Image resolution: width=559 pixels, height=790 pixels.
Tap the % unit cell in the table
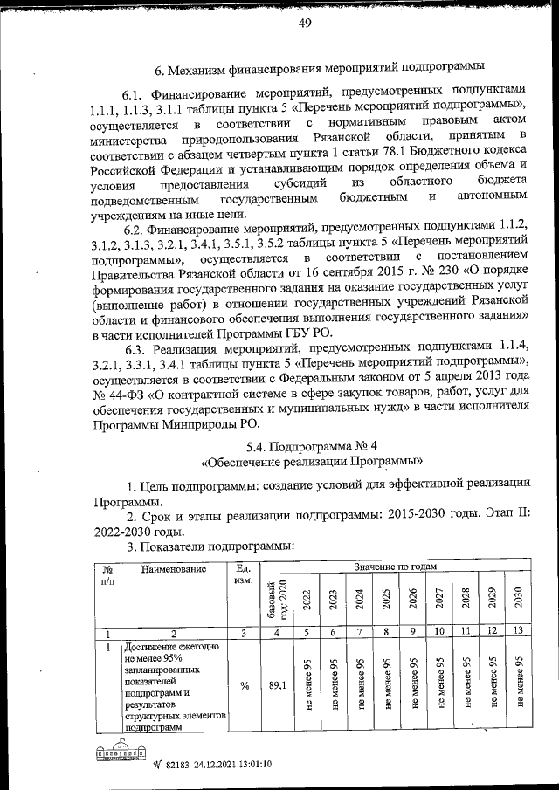[x=245, y=685]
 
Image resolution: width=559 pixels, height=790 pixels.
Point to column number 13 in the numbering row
[x=519, y=632]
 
